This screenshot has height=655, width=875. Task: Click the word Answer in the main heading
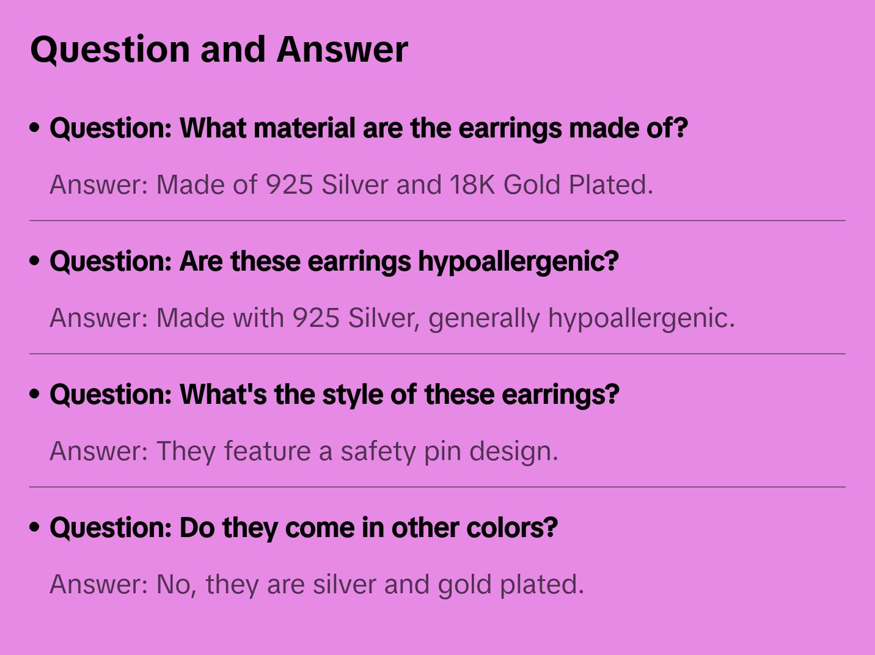pyautogui.click(x=342, y=49)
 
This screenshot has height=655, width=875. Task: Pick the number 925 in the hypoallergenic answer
pyautogui.click(x=316, y=318)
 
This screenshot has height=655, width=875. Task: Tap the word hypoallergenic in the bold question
pyautogui.click(x=518, y=262)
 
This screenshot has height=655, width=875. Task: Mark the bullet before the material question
pyautogui.click(x=35, y=128)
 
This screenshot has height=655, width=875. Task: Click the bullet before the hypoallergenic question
pyautogui.click(x=35, y=261)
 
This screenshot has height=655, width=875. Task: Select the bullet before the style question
pyautogui.click(x=35, y=394)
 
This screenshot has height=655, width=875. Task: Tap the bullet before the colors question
pyautogui.click(x=35, y=527)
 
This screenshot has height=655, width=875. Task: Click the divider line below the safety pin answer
pyautogui.click(x=437, y=487)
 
